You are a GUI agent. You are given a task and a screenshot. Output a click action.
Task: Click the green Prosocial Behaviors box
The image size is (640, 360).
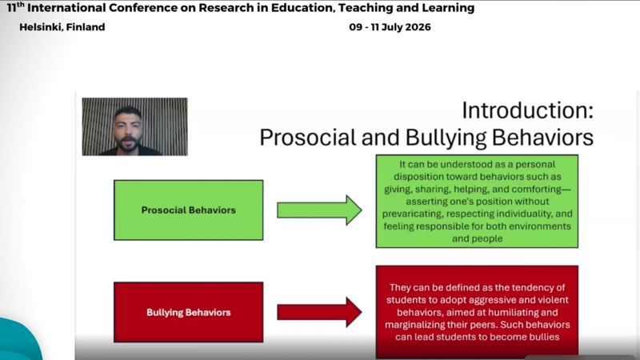coord(189,210)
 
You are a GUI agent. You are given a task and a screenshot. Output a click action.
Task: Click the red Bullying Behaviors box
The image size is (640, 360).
coord(189,312)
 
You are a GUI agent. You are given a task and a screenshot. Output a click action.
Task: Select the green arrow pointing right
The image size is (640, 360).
coord(319,210)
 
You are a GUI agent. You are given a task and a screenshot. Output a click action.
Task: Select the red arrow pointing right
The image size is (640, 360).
coord(319,312)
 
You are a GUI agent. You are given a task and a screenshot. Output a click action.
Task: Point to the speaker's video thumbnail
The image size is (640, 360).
coord(134,126)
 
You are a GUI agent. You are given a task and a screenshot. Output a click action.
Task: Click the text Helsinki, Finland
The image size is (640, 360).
coord(62,27)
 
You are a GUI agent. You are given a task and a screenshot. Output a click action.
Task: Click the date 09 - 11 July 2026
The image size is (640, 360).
coord(390,27)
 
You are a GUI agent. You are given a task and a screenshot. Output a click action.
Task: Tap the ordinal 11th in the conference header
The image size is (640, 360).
coord(15,7)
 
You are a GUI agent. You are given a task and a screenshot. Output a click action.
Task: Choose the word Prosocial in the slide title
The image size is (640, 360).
coord(308,138)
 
